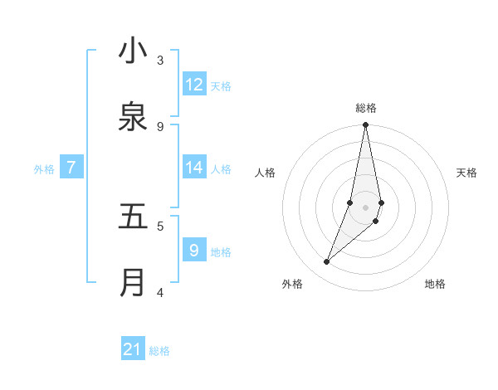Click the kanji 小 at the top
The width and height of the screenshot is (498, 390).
click(x=133, y=51)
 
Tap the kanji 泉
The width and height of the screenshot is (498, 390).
click(x=133, y=117)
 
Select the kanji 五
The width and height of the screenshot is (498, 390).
click(x=133, y=217)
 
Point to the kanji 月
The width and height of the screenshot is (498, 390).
click(x=133, y=282)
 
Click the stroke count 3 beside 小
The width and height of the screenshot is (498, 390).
click(x=160, y=60)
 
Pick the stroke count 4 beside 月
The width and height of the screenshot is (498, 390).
click(x=160, y=292)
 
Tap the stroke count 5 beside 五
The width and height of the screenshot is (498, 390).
click(x=160, y=225)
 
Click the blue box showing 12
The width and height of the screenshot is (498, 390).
click(x=194, y=85)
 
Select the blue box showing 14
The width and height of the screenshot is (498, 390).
click(x=194, y=168)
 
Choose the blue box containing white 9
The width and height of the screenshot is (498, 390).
click(x=194, y=251)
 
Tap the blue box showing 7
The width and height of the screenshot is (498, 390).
click(x=71, y=168)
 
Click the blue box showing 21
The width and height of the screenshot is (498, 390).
click(x=133, y=349)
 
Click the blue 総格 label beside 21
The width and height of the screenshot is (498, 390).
click(x=159, y=351)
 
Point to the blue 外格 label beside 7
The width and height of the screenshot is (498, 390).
click(x=44, y=169)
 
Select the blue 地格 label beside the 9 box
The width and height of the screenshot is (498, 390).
click(x=221, y=252)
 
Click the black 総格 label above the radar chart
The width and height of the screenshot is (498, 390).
click(x=366, y=108)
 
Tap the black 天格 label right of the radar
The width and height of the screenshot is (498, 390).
click(x=466, y=173)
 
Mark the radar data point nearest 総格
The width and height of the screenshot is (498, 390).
click(x=365, y=125)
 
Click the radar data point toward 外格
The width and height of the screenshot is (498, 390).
click(x=327, y=262)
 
